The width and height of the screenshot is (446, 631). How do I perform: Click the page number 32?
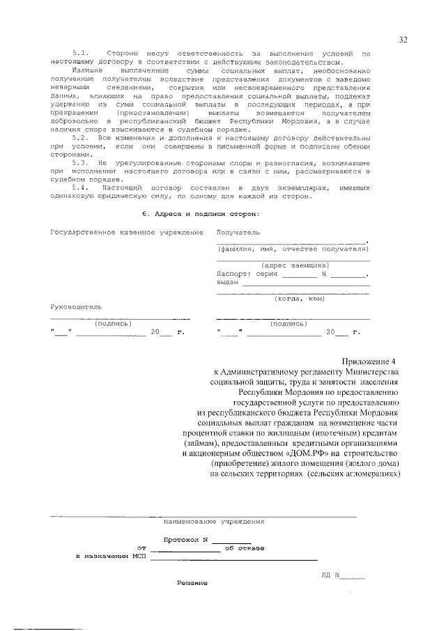pyautogui.click(x=403, y=40)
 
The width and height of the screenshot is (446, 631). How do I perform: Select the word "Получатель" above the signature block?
pyautogui.click(x=238, y=231)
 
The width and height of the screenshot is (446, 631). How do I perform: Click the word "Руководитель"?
pyautogui.click(x=76, y=306)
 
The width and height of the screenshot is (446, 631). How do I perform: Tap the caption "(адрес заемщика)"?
pyautogui.click(x=295, y=265)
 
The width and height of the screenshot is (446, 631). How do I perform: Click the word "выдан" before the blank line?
pyautogui.click(x=227, y=282)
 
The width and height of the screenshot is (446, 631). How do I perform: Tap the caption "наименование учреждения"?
pyautogui.click(x=214, y=521)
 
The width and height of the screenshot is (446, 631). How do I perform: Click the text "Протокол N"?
pyautogui.click(x=186, y=540)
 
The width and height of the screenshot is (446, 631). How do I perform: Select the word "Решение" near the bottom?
pyautogui.click(x=192, y=583)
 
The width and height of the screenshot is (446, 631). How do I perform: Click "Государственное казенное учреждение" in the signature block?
pyautogui.click(x=127, y=231)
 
